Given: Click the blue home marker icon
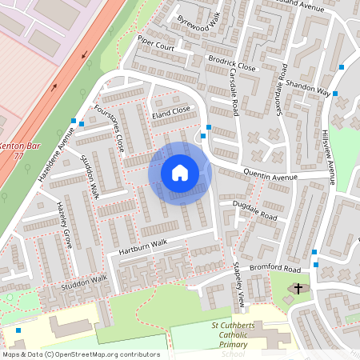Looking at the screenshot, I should pos(180,173).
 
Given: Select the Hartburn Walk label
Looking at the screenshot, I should pos(142,249).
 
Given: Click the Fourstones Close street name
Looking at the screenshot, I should pos(109,128).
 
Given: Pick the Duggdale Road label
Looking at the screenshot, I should pos(254,211).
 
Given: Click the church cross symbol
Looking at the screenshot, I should pos(299,288).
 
